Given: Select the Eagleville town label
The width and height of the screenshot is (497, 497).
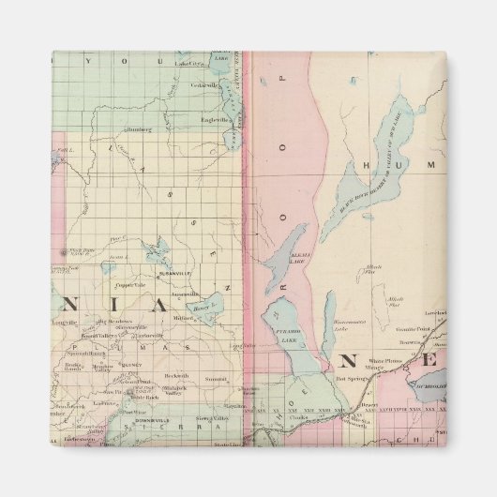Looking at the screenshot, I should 215,119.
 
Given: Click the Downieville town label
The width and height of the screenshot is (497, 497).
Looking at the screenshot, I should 151,408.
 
